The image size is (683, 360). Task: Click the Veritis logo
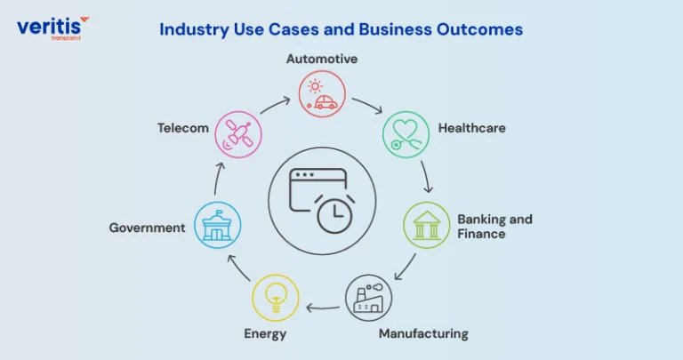click(x=53, y=28)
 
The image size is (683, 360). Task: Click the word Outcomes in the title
click(x=479, y=29)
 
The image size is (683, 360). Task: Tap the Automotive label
click(x=322, y=59)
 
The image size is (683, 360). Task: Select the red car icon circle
click(x=322, y=94)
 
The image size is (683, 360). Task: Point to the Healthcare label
click(x=471, y=128)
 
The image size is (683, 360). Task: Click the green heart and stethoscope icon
click(x=406, y=134)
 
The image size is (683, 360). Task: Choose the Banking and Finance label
click(x=494, y=227)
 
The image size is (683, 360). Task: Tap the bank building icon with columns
click(x=427, y=225)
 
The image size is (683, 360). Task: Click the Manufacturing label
click(x=423, y=334)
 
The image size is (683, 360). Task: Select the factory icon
click(x=368, y=298)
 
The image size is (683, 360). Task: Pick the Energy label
click(x=265, y=334)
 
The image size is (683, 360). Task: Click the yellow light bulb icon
click(x=276, y=298)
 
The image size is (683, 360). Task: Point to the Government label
click(x=148, y=228)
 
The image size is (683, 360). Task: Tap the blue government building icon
click(x=217, y=225)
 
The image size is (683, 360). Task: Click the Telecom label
click(x=183, y=128)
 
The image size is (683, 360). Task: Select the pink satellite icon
click(x=238, y=134)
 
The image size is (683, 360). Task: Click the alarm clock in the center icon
click(x=334, y=214)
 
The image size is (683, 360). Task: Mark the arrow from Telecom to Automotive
click(x=276, y=105)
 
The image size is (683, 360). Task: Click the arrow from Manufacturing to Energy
click(x=323, y=308)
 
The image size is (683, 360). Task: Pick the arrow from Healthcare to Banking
click(x=426, y=176)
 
